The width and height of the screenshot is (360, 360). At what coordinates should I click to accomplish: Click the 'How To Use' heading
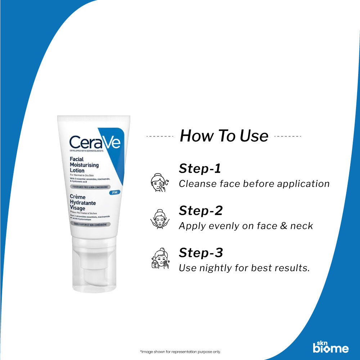coord(224,136)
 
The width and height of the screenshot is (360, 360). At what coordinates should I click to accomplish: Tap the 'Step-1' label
coord(200,168)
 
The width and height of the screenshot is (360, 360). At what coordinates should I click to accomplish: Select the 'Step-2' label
coord(201,211)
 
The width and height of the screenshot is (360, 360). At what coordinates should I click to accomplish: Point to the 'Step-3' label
coord(201,253)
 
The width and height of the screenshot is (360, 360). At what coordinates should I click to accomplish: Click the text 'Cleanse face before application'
coord(254,184)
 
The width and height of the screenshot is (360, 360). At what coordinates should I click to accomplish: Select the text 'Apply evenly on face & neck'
coord(246,226)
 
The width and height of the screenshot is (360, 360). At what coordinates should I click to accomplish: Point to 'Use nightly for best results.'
coord(244,268)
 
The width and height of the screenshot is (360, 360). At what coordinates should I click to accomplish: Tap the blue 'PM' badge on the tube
coord(114,193)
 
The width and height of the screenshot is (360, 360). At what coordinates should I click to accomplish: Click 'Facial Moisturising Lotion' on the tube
coord(84,165)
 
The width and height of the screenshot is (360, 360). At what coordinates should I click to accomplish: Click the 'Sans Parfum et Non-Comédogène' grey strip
coord(90,224)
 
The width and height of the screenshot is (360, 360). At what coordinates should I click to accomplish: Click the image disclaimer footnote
coord(180,352)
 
